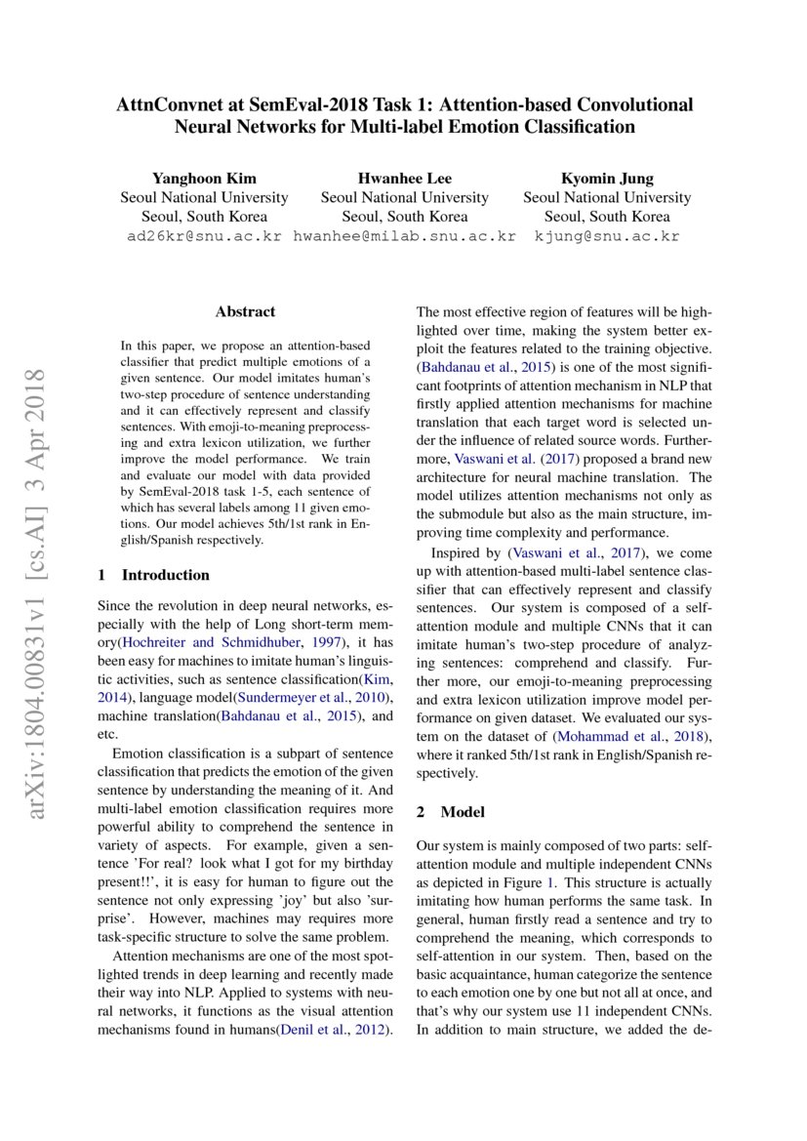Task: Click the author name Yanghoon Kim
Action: pyautogui.click(x=204, y=178)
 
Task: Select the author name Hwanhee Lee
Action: pyautogui.click(x=404, y=178)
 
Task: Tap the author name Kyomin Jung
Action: pyautogui.click(x=606, y=178)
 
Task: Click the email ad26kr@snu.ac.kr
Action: pyautogui.click(x=204, y=236)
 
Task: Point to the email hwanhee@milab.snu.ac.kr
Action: pyautogui.click(x=404, y=236)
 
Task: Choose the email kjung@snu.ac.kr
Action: pyautogui.click(x=606, y=236)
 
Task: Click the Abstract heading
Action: pyautogui.click(x=245, y=312)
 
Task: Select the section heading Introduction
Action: pyautogui.click(x=165, y=575)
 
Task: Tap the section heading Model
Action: pyautogui.click(x=463, y=812)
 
